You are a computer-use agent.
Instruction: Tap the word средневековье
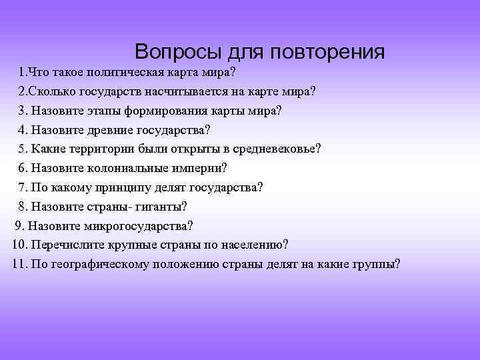[275, 149]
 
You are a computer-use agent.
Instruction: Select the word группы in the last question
[375, 264]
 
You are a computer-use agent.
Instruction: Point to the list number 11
[18, 264]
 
